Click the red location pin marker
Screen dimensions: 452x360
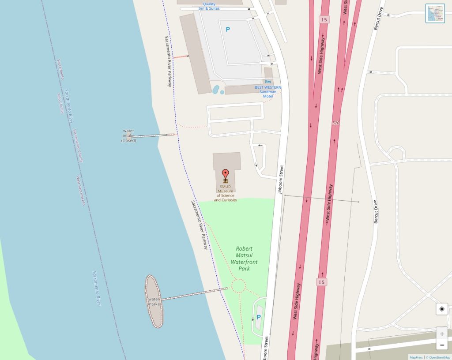point(226,173)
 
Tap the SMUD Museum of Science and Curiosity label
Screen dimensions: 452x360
point(226,193)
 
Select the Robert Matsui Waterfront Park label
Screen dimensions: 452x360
point(244,259)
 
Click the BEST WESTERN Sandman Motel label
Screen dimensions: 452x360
point(268,92)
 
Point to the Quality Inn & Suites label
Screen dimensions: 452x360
point(209,6)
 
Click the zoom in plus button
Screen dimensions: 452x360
point(442,334)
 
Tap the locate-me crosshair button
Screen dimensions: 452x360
point(442,309)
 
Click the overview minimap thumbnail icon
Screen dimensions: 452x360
point(435,13)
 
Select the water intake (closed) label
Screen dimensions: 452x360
point(128,135)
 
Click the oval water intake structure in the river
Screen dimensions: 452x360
point(154,301)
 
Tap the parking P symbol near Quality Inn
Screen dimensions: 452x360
point(228,30)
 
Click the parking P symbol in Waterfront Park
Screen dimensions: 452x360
point(259,317)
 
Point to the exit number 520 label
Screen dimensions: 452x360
point(336,123)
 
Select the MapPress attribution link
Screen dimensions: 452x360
point(416,357)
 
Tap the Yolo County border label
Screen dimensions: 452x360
point(60,102)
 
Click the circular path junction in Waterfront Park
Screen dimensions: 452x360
point(238,286)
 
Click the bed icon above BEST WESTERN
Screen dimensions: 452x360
point(268,82)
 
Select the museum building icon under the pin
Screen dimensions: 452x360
point(226,181)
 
